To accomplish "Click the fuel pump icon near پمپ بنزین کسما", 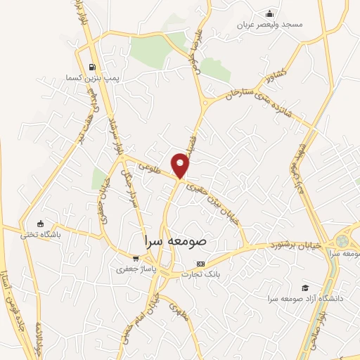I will (x=92, y=67).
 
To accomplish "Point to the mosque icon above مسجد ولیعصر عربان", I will (x=269, y=13).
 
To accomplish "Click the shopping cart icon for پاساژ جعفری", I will (x=136, y=258).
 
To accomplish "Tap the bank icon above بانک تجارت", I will (x=202, y=264).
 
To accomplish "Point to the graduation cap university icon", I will (x=305, y=288).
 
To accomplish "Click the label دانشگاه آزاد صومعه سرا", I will (x=304, y=298).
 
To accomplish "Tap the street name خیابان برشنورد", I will (x=296, y=245).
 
